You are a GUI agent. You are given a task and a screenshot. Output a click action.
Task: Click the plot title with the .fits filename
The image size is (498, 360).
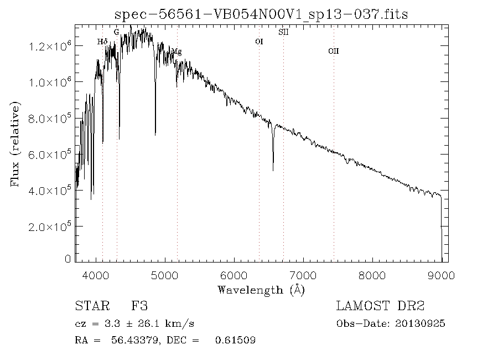261,14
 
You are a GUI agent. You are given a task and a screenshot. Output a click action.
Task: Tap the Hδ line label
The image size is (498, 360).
102,42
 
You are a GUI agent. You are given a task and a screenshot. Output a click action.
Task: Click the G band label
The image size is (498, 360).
117,32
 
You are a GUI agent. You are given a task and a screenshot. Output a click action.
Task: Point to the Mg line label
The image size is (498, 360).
177,52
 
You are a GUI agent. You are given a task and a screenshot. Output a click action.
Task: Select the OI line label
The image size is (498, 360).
259,42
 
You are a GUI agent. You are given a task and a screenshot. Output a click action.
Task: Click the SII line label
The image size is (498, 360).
283,32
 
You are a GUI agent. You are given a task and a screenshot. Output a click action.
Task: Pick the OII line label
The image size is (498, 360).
334,51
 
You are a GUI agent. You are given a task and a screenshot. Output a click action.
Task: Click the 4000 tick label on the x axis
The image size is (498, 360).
96,275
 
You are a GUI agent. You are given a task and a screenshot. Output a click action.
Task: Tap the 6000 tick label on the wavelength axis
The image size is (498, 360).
234,275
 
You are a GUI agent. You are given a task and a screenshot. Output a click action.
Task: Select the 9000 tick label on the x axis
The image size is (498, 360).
441,275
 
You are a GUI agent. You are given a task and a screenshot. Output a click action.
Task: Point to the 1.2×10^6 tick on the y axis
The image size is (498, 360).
50,47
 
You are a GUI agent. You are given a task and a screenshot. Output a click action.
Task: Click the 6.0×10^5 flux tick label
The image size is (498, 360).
50,155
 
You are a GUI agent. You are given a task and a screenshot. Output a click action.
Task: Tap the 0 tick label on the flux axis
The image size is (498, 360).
68,259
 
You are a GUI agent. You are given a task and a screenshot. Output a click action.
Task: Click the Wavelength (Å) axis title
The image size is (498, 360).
261,290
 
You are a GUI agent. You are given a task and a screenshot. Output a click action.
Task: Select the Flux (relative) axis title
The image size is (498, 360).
15,144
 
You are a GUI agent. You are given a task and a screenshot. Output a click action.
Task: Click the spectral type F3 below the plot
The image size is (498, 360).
140,306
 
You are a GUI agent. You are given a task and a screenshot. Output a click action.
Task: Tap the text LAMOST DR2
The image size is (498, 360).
380,306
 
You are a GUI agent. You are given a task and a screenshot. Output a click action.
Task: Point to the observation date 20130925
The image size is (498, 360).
420,324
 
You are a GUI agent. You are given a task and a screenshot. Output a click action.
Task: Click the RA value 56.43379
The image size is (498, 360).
134,340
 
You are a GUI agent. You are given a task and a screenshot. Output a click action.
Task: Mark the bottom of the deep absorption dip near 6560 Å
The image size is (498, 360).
273,170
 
